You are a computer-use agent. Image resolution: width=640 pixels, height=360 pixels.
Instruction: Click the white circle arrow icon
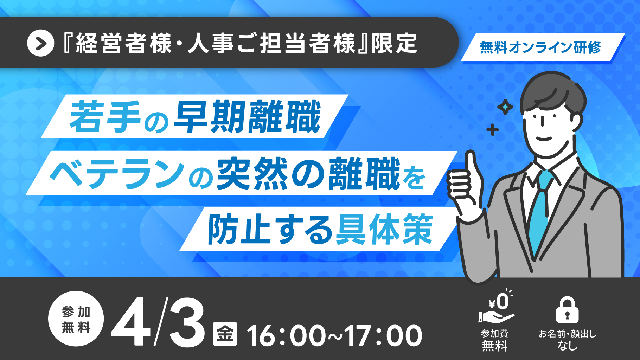point(40,43)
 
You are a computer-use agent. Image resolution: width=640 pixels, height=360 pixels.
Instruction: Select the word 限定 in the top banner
point(394,44)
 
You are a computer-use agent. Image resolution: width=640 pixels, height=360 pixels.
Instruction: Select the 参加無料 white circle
point(76,319)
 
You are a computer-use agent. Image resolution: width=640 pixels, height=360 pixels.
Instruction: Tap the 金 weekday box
point(225,334)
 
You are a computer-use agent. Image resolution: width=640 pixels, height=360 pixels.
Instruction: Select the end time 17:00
point(383,336)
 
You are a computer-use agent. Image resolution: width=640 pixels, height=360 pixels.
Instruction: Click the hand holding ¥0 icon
point(497,307)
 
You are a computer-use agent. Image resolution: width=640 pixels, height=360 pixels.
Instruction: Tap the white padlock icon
point(567,309)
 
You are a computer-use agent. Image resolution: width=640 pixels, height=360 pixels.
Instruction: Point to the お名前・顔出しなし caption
point(567,340)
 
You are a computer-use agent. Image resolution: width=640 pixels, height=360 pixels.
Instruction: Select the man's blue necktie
point(539,211)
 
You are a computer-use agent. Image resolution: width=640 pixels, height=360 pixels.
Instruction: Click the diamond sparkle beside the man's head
point(505,107)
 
